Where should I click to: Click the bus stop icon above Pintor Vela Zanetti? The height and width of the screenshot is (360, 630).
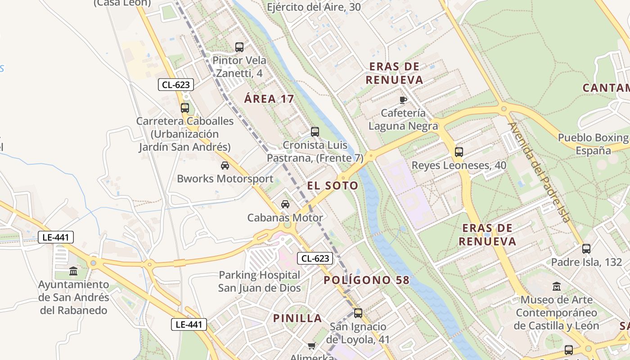(x=239, y=47)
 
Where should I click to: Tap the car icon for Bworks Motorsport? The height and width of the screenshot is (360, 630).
(x=225, y=166)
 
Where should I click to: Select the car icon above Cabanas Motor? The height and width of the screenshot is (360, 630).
(x=285, y=204)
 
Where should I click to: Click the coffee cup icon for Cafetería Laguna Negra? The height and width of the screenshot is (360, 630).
(x=403, y=99)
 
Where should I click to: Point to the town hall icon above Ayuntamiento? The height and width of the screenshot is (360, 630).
(x=73, y=271)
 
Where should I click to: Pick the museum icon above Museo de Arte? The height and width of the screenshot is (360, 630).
(x=557, y=286)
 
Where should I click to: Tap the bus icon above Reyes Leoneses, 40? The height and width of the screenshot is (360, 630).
(x=459, y=152)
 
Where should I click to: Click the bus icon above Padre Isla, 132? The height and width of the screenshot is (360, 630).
(x=586, y=248)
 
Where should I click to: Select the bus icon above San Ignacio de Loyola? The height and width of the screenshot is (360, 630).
(x=358, y=313)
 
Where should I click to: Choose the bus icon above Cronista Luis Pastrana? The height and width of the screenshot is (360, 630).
(x=315, y=132)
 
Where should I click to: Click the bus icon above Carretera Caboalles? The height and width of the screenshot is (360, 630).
(x=185, y=108)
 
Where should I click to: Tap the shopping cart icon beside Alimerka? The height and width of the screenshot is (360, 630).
(x=311, y=346)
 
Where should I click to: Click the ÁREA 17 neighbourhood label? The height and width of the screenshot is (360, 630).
(x=269, y=99)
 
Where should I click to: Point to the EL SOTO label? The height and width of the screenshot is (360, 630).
(x=333, y=185)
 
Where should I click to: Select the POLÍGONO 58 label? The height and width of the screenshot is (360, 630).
(x=367, y=280)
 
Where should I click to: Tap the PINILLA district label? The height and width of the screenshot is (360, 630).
(x=297, y=319)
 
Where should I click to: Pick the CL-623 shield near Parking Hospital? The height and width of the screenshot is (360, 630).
(x=315, y=258)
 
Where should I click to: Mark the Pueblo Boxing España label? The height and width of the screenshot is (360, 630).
(x=593, y=144)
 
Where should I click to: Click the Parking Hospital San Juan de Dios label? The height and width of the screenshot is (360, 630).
(x=259, y=281)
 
